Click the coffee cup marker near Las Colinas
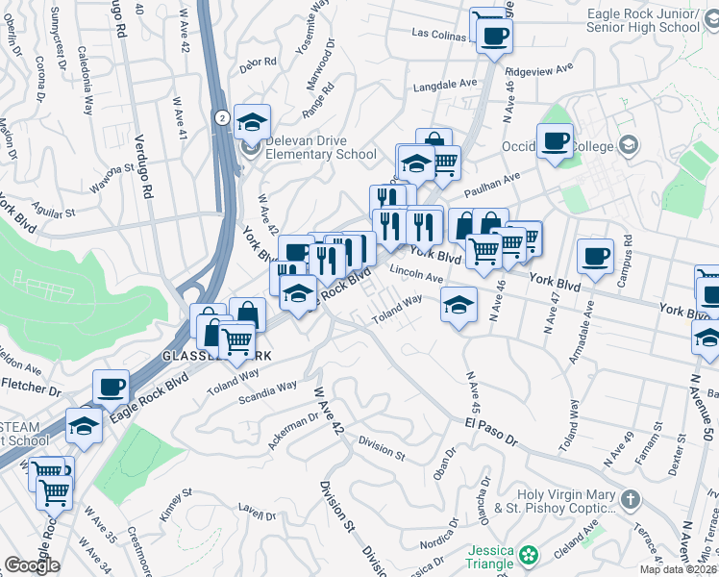[x=494, y=38]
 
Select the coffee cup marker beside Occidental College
[x=556, y=142]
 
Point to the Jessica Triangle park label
[x=491, y=557]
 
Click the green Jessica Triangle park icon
[x=529, y=555]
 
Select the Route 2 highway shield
[x=222, y=117]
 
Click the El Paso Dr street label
[x=491, y=430]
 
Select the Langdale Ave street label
[x=445, y=86]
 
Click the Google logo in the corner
[x=33, y=565]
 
